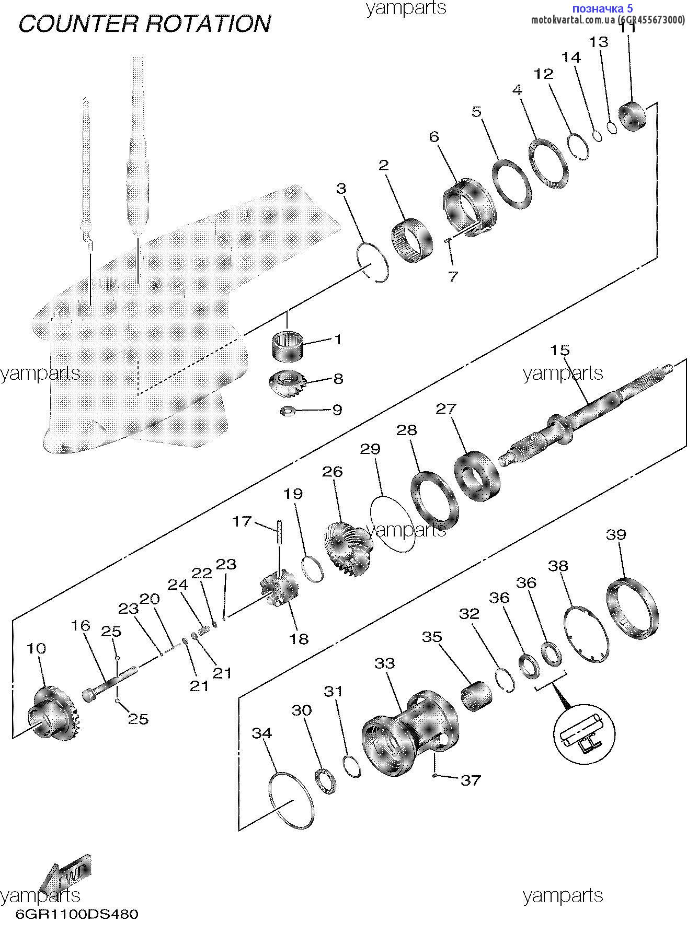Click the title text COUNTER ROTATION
pos(145,24)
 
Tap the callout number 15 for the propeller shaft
pos(559,350)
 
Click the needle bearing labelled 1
pos(289,345)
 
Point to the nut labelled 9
pos(287,411)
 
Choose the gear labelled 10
pos(51,713)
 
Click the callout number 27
pos(446,408)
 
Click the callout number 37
pos(470,780)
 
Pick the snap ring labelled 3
pos(373,263)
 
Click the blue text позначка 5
pos(602,8)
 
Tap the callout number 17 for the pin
pos(242,521)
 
